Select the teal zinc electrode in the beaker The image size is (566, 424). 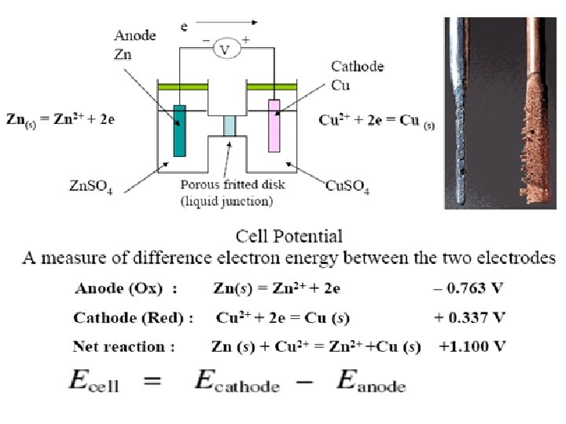(x=179, y=130)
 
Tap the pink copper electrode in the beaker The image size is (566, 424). (x=274, y=125)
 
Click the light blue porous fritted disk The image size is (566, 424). (x=229, y=125)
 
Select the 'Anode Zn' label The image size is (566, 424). (x=135, y=42)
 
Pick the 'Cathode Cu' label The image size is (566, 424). (x=357, y=75)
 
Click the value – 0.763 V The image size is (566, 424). (x=469, y=288)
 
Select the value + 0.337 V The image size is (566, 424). (x=469, y=317)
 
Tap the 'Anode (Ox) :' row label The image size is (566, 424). (x=127, y=288)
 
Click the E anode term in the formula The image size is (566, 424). (x=370, y=383)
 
